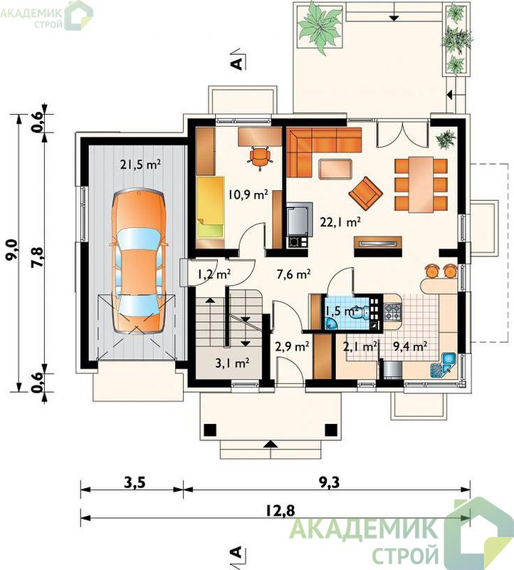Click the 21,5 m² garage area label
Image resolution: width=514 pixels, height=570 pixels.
tap(140, 165)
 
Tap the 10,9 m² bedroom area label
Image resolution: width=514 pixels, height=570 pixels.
tap(248, 195)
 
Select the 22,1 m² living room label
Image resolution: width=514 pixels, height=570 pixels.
tap(340, 222)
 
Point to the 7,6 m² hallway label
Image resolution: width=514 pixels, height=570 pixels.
tap(293, 274)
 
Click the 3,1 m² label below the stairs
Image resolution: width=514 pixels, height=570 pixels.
tap(233, 363)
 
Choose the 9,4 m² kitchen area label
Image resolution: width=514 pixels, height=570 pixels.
tap(410, 346)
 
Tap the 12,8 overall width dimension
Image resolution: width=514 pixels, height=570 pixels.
tap(280, 511)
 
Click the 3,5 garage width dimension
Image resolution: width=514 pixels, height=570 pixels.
tap(135, 483)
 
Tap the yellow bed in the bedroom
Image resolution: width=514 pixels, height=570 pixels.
tap(210, 207)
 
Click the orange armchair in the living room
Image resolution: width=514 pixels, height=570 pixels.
tap(366, 193)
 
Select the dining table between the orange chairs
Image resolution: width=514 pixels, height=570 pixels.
tap(421, 185)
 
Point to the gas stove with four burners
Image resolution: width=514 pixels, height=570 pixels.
tap(393, 312)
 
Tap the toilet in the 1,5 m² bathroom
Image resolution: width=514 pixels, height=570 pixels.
tap(359, 312)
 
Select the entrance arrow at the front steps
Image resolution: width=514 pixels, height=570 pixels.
tap(270, 444)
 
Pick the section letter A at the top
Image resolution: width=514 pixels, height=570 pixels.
tap(237, 63)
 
